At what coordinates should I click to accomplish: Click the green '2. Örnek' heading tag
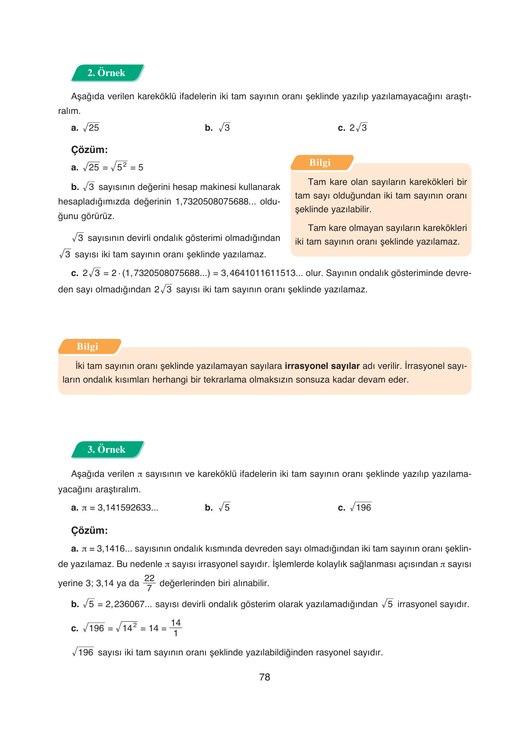(x=107, y=73)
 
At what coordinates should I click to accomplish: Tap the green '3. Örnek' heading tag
(x=107, y=450)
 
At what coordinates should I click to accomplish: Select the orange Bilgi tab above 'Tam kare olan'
(x=320, y=163)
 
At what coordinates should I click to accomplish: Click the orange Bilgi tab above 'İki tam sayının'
(x=87, y=347)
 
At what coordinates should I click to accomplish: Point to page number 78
(x=264, y=677)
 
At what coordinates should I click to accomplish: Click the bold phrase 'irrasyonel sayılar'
(x=322, y=366)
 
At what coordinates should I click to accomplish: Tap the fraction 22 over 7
(x=149, y=583)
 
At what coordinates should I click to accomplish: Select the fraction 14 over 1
(x=175, y=628)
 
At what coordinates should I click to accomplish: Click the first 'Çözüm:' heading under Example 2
(x=89, y=150)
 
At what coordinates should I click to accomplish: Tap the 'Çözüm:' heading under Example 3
(x=89, y=531)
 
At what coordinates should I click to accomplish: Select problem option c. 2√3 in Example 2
(x=353, y=128)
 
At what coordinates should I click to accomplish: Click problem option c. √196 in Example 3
(x=355, y=507)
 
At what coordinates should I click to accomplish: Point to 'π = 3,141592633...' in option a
(x=119, y=508)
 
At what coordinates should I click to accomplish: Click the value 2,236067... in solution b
(x=129, y=604)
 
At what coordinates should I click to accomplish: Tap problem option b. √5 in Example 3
(x=218, y=507)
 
